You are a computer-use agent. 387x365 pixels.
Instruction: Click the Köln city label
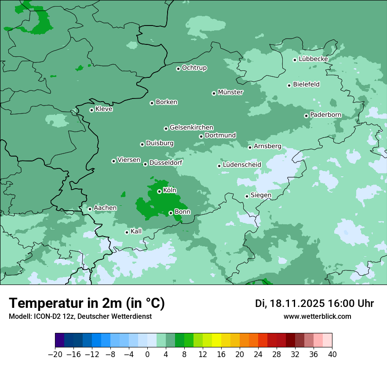coord(169,190)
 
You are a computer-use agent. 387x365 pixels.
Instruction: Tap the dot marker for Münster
coord(214,93)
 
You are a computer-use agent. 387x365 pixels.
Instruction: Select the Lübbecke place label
coord(313,59)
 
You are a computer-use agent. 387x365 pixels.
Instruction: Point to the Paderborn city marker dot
coord(306,116)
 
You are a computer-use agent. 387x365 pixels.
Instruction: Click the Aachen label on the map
coord(105,208)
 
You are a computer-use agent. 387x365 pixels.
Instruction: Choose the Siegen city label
coord(261,195)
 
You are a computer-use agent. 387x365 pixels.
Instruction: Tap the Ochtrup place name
coord(194,68)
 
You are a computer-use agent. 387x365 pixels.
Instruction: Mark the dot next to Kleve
coord(91,110)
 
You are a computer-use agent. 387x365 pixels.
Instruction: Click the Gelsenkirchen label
coord(191,128)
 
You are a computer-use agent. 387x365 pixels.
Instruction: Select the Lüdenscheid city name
coord(242,165)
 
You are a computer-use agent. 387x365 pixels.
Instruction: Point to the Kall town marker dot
coord(127,232)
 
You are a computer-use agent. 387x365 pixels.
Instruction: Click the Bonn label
coord(183,212)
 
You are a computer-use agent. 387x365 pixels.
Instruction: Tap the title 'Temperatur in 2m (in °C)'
coord(87,303)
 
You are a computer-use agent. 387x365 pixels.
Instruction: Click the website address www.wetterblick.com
coord(317,316)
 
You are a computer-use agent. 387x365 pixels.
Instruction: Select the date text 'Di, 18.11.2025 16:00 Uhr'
coord(314,303)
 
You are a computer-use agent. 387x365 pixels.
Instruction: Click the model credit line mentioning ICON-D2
coord(80,316)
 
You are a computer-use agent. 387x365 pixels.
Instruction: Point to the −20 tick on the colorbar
coord(55,354)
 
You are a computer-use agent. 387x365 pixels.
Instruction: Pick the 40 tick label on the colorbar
coord(332,354)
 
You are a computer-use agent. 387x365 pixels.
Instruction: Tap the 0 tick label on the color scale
coord(147,354)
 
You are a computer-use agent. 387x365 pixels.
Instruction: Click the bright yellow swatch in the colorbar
coord(216,340)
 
